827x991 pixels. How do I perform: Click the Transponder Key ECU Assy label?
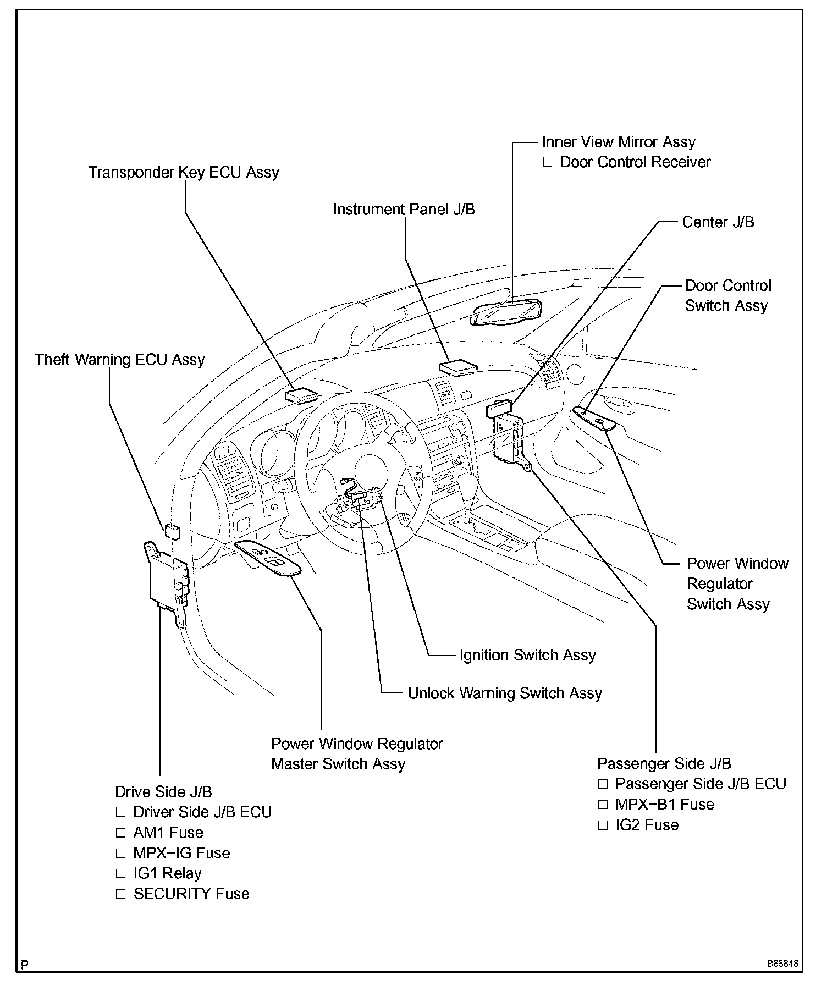click(184, 173)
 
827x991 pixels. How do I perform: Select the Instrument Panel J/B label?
click(404, 210)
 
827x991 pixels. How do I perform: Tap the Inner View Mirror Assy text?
click(618, 142)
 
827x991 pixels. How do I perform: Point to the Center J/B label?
click(718, 222)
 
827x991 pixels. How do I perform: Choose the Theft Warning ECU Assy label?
click(120, 360)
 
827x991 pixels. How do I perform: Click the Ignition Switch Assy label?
click(527, 655)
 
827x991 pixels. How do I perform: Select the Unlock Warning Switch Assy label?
click(504, 693)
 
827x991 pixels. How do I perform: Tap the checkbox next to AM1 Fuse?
click(121, 833)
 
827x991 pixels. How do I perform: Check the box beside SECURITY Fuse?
click(121, 894)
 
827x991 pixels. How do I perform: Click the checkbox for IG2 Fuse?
click(603, 825)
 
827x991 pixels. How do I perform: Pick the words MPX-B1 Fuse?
click(664, 805)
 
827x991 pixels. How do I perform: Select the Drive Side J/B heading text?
click(163, 792)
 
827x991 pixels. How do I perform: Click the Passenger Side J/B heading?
click(664, 764)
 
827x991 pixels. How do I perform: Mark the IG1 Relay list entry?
click(167, 873)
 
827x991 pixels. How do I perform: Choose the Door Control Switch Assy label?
click(727, 296)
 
